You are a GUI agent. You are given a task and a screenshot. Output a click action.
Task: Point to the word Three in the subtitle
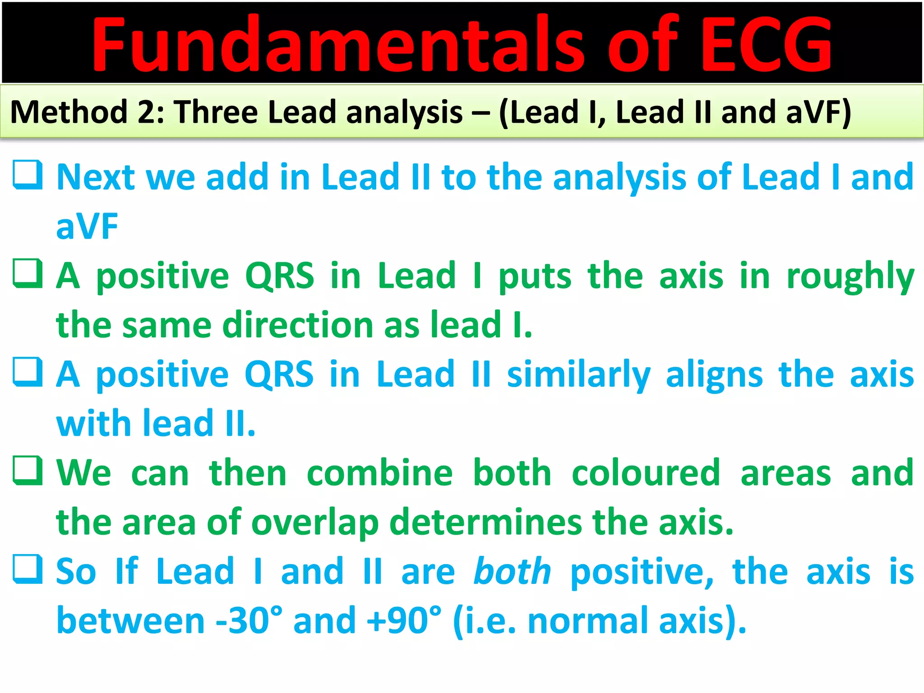216,112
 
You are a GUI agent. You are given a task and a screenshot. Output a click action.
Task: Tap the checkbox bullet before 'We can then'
28,471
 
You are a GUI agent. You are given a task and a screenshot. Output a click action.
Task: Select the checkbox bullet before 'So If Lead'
28,569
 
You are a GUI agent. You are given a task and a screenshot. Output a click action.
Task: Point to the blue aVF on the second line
87,226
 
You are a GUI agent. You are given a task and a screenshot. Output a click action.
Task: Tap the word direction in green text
298,325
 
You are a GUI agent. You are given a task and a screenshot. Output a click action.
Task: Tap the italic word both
513,571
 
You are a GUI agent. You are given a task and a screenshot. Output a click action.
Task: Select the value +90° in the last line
404,621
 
